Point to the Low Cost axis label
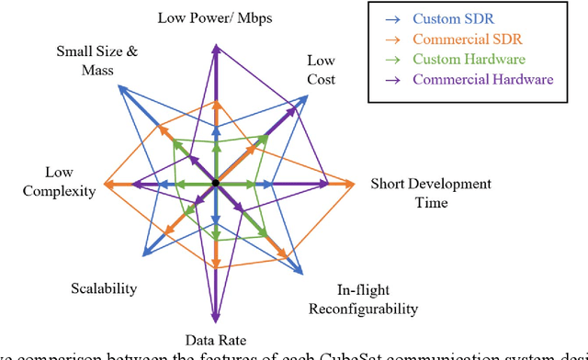321,69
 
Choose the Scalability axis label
104,288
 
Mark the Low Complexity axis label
70,182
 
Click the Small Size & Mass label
97,60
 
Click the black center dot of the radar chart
215,184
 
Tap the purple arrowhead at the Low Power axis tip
215,50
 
